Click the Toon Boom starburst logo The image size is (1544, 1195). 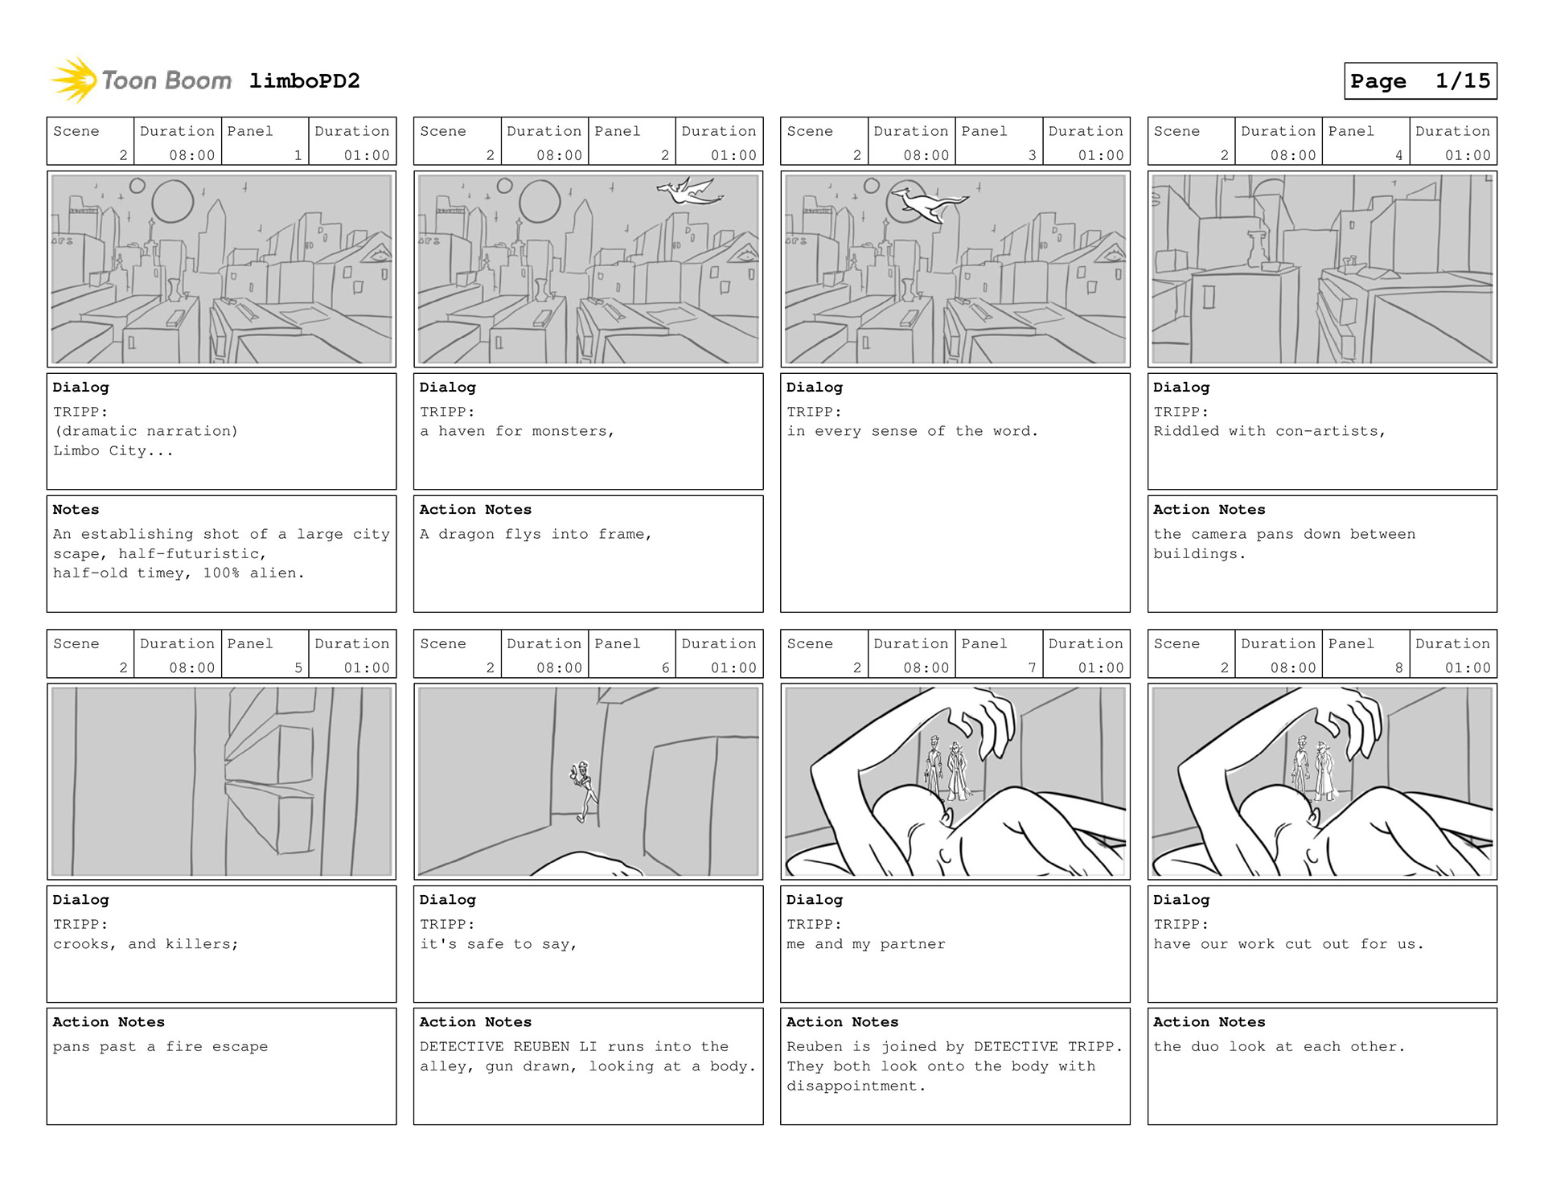pos(74,80)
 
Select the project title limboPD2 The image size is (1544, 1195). pos(304,81)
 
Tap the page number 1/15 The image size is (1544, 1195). pos(1463,81)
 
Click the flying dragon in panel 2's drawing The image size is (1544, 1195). pos(689,191)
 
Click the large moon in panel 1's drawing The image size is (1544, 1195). pos(172,201)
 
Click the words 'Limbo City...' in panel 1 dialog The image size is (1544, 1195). pos(113,451)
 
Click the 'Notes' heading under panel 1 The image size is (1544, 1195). pos(76,510)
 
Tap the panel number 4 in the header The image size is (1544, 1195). pos(1398,155)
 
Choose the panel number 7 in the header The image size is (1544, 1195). pos(1032,667)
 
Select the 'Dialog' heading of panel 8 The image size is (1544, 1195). pos(1181,900)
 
